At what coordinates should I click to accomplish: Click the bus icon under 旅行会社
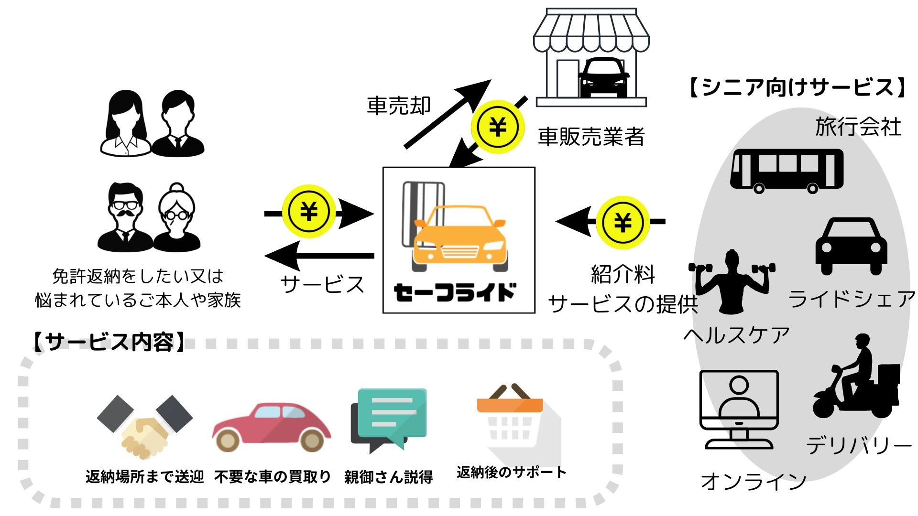coord(787,170)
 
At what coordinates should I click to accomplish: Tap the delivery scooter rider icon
coord(856,380)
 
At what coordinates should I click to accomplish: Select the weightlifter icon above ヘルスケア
coord(731,282)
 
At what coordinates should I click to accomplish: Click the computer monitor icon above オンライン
coord(739,408)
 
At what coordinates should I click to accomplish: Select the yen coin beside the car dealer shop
coord(498,127)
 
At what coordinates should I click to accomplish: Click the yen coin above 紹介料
coord(623,222)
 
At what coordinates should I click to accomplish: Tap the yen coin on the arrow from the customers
coord(309,212)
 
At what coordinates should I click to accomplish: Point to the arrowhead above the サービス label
coord(282,255)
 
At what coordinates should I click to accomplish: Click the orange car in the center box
coord(459,236)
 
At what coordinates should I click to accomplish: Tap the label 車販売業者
coord(591,137)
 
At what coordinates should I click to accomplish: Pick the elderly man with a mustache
coord(125,217)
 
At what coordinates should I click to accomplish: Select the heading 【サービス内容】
coord(109,342)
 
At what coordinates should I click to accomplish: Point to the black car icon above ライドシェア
coord(851,246)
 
